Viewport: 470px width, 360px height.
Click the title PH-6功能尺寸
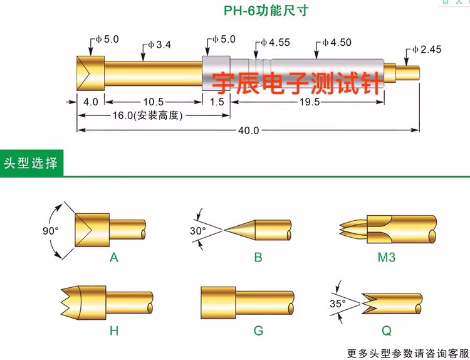click(266, 11)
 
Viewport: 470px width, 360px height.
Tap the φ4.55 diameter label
click(275, 43)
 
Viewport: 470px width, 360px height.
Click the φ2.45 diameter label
click(426, 49)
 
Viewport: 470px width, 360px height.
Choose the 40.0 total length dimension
click(248, 130)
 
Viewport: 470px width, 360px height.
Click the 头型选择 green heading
click(31, 163)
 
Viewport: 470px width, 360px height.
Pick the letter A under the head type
click(113, 257)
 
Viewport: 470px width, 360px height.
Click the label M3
click(385, 257)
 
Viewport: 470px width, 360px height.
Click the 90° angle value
click(50, 231)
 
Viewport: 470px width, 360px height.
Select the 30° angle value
click(197, 231)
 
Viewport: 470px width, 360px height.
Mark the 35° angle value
click(338, 304)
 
